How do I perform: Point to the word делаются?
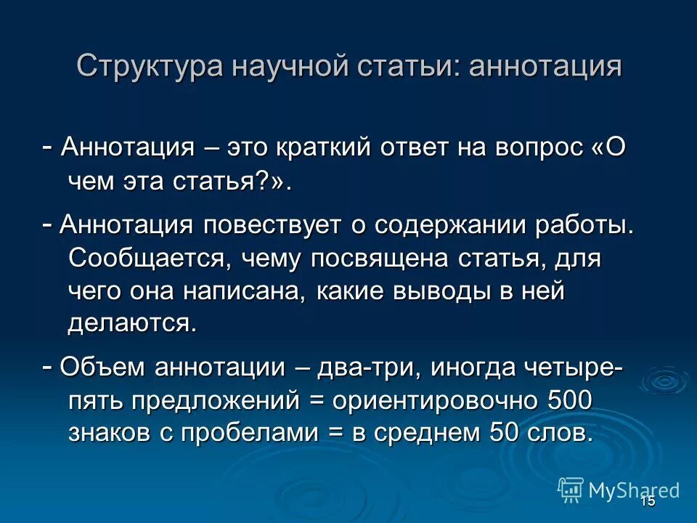132,323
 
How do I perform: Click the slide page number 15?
648,500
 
